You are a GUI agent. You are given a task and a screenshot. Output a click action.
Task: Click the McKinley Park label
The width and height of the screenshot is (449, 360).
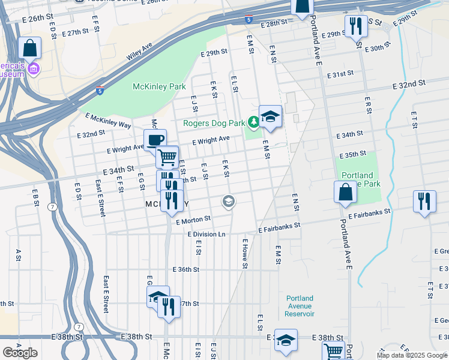(x=159, y=86)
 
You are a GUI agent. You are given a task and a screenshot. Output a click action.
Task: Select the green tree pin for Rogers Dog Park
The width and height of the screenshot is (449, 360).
(x=254, y=123)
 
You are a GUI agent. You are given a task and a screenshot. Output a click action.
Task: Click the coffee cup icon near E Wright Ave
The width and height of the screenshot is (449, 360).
(x=155, y=140)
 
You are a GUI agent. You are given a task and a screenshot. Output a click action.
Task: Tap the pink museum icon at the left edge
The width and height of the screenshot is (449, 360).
(x=34, y=70)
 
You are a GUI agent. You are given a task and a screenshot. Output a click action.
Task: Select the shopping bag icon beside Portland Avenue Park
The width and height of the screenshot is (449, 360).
(x=345, y=192)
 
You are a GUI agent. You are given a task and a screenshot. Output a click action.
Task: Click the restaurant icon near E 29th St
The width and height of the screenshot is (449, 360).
(x=356, y=26)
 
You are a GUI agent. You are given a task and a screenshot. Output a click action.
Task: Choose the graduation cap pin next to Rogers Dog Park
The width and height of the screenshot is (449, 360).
(x=270, y=116)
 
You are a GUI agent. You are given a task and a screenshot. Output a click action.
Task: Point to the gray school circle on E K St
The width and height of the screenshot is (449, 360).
(x=228, y=202)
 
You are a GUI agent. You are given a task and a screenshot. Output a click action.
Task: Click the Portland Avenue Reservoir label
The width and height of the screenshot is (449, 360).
(x=300, y=306)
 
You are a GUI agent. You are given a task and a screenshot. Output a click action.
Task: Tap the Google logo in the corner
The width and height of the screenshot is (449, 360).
(x=20, y=353)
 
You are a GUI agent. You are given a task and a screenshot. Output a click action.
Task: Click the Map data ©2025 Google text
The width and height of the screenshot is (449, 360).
(x=412, y=355)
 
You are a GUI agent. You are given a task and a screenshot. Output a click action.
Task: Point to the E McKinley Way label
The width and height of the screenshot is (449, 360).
(x=108, y=120)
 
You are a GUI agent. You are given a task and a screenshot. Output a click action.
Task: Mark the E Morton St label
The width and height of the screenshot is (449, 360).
(x=193, y=221)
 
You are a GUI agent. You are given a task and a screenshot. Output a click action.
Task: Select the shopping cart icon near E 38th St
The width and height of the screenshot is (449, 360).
(x=334, y=350)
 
